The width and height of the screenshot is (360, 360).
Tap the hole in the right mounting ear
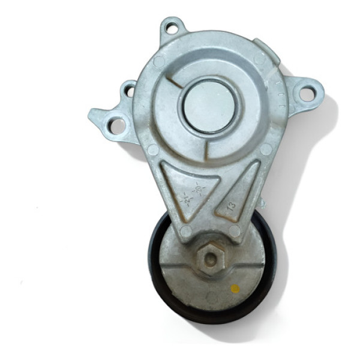point(306,94)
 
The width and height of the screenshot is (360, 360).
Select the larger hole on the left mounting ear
point(118,126)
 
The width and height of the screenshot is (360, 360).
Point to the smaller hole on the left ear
point(128,92)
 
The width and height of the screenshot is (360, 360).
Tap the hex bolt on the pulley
point(211,259)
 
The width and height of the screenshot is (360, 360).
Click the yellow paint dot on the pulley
point(235,289)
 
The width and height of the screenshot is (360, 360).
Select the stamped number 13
point(231,206)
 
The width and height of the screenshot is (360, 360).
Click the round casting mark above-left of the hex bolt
point(187,231)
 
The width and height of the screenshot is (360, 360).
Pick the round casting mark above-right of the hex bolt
point(235,230)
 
